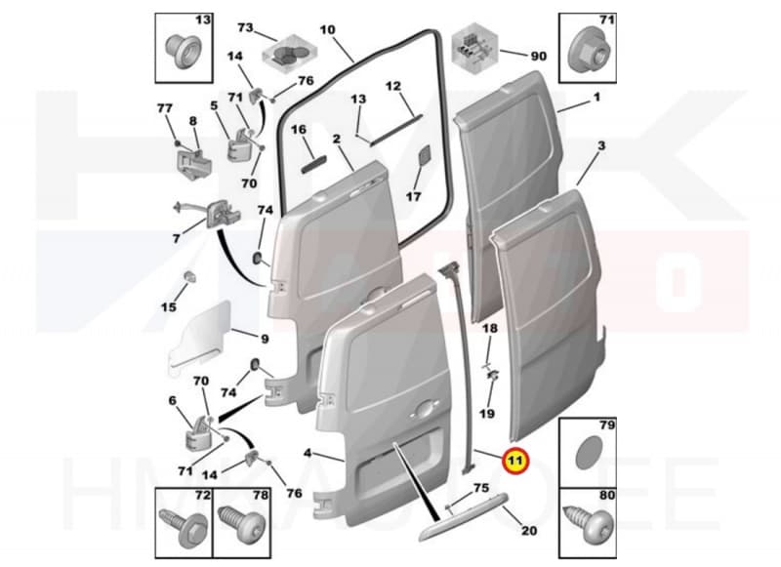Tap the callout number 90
point(538,57)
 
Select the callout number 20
point(528,531)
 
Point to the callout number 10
point(327,30)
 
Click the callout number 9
point(264,339)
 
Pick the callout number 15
point(168,307)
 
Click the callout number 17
point(414,196)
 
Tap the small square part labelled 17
point(423,157)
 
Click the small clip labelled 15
point(183,284)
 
